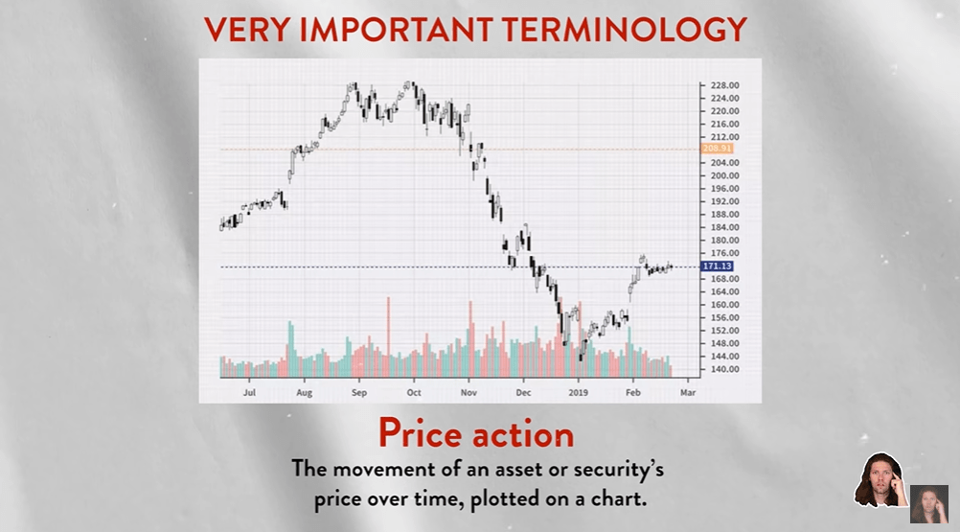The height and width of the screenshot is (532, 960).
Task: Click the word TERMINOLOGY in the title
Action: pyautogui.click(x=624, y=30)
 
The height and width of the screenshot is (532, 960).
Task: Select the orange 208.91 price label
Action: pyautogui.click(x=717, y=149)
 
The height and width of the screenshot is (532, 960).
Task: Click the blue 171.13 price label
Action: pyautogui.click(x=717, y=266)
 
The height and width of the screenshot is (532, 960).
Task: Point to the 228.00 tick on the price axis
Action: pyautogui.click(x=724, y=85)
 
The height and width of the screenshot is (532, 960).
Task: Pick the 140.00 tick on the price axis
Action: pyautogui.click(x=724, y=369)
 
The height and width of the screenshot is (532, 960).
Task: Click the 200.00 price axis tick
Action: pyautogui.click(x=724, y=175)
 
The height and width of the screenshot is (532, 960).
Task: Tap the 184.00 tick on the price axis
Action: pyautogui.click(x=724, y=227)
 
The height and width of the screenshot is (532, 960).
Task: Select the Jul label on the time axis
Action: pyautogui.click(x=249, y=392)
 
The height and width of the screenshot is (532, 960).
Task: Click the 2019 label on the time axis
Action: pyautogui.click(x=578, y=392)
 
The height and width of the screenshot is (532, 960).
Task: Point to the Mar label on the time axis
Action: pyautogui.click(x=688, y=392)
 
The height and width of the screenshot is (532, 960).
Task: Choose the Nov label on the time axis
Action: pyautogui.click(x=469, y=392)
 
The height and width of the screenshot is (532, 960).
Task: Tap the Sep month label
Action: pyautogui.click(x=358, y=392)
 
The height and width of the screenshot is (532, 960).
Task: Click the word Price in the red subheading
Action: pyautogui.click(x=420, y=433)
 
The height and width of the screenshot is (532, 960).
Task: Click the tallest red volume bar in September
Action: pyautogui.click(x=388, y=336)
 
